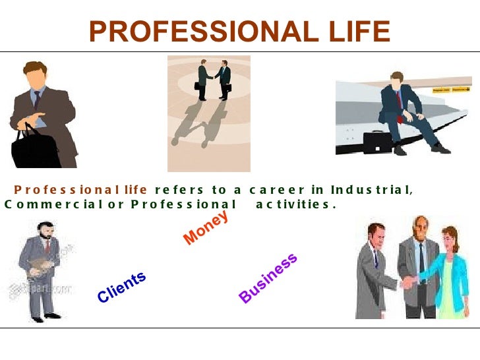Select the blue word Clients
click(121, 287)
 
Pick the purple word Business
click(268, 278)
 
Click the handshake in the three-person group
click(409, 282)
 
